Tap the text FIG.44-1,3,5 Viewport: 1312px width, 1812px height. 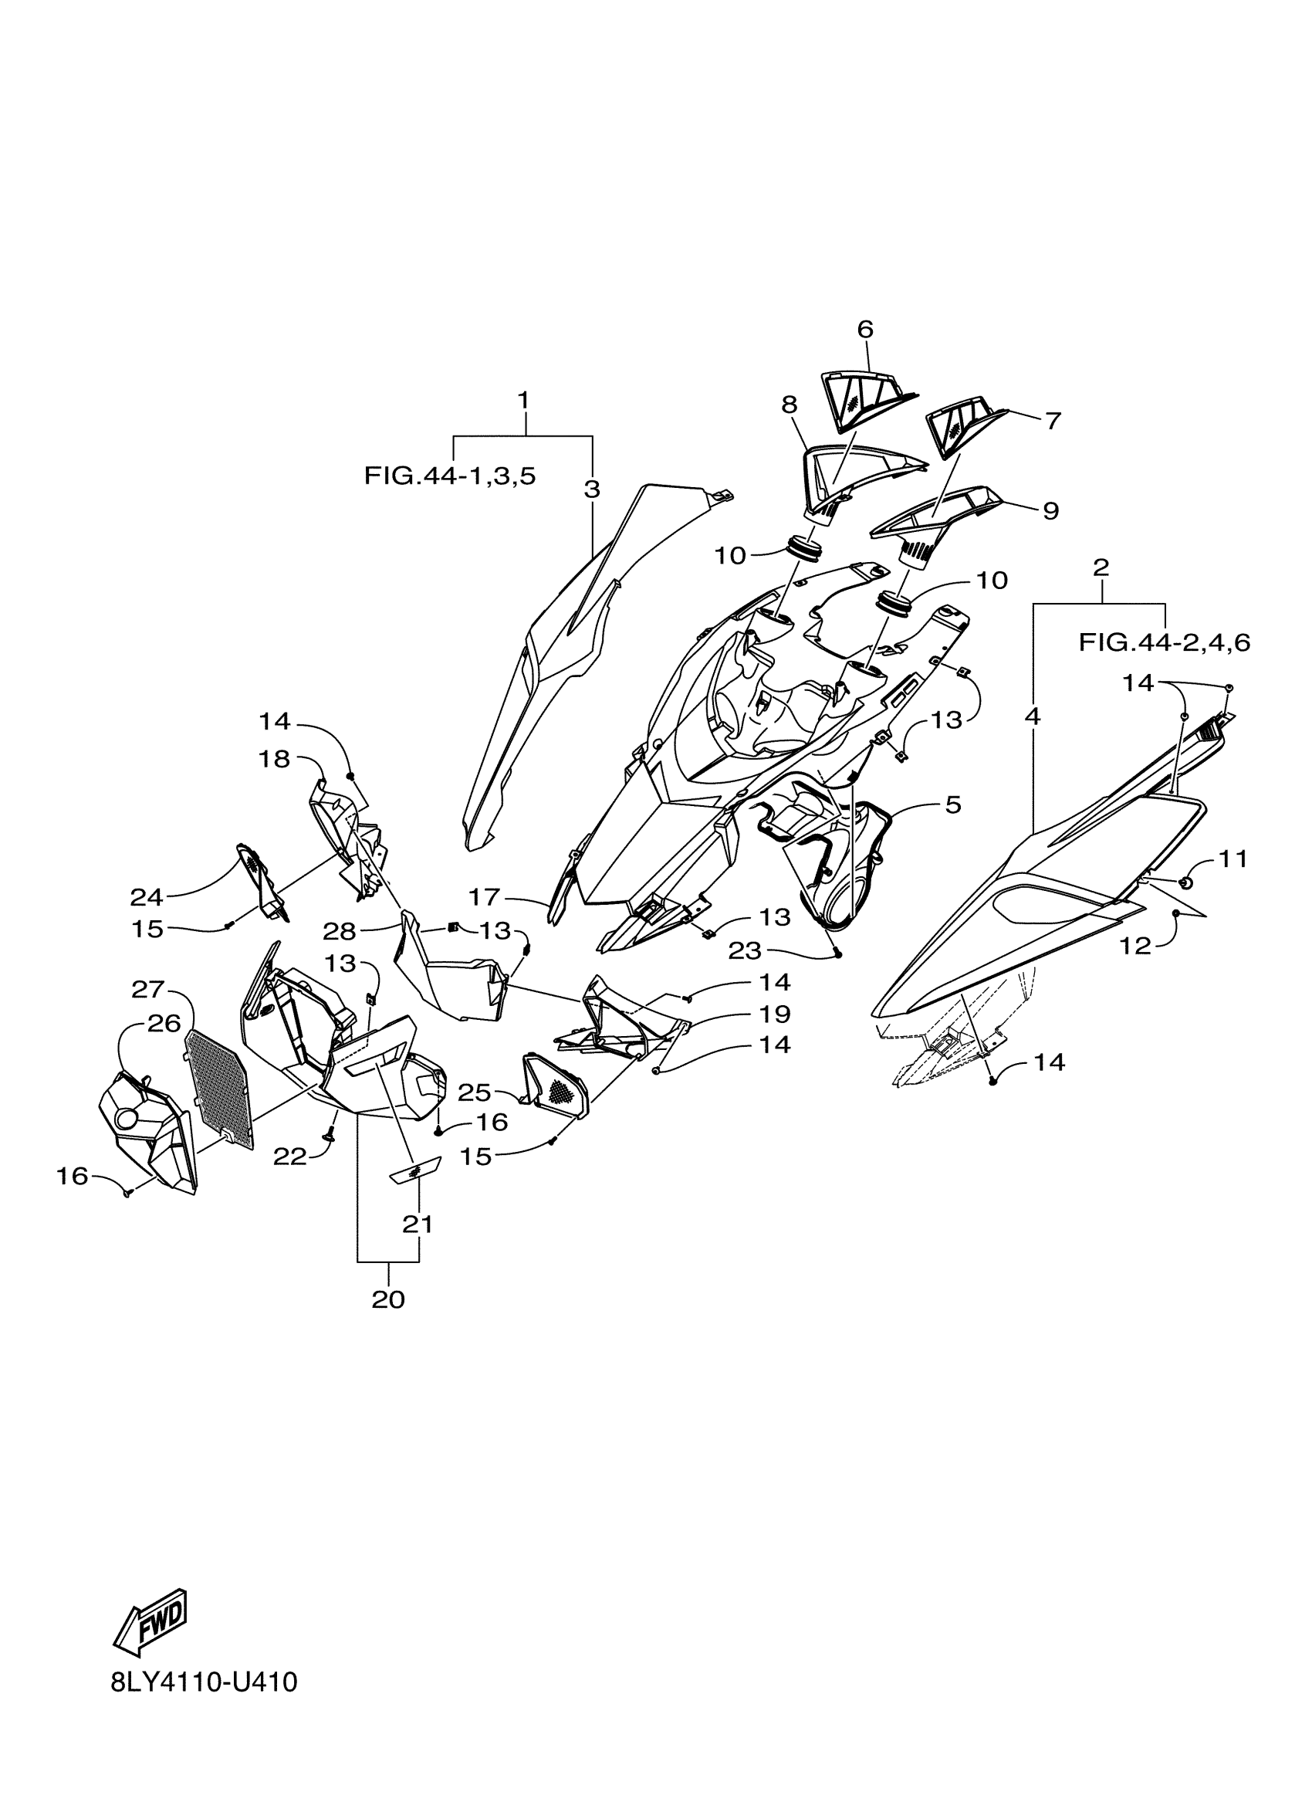(x=450, y=476)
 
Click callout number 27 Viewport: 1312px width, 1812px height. (x=148, y=989)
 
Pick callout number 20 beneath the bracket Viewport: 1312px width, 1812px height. (x=388, y=1300)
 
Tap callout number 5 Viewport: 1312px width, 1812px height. (x=952, y=804)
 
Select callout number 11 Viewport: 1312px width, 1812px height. (x=1233, y=859)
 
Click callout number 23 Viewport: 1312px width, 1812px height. (x=743, y=950)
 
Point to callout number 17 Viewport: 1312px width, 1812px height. (x=484, y=897)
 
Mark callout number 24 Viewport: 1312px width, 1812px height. (x=146, y=897)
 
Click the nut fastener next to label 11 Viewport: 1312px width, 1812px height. (x=1185, y=882)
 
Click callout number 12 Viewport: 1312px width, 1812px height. (x=1134, y=946)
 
